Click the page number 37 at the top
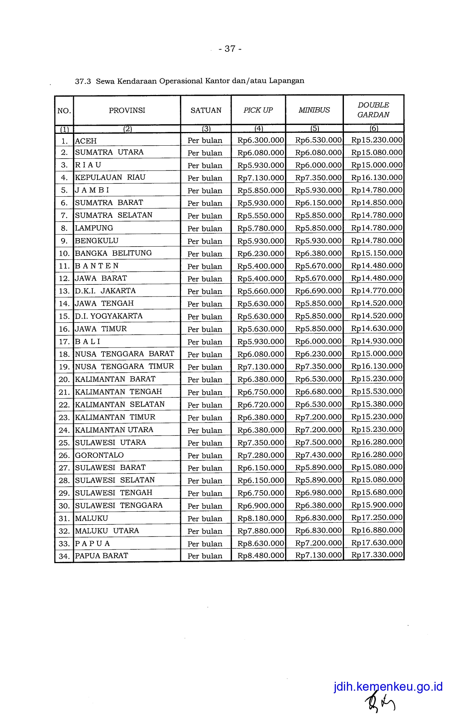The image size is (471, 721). point(230,49)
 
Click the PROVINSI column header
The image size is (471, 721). point(127,110)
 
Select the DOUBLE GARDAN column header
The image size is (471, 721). point(373,110)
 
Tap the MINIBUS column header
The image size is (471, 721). point(314,110)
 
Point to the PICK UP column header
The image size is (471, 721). point(258,110)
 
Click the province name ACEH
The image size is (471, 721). point(86,141)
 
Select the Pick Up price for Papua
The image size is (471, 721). point(260,544)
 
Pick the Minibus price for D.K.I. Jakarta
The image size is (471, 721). point(318,291)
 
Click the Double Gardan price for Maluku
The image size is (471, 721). point(376,518)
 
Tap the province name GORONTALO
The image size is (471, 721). point(99,455)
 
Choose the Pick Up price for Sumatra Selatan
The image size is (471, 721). point(260,216)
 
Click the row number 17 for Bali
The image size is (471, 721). point(64,342)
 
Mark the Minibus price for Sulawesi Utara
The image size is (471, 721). point(318,443)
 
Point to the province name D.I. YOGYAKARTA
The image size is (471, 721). point(109,316)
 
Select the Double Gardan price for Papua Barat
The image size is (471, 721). point(376,555)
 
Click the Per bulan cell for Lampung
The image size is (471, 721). point(205,229)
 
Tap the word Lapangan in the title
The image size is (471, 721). point(287,81)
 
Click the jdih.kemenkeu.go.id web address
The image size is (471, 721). point(388,687)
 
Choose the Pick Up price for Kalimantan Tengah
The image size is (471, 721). point(260,392)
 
